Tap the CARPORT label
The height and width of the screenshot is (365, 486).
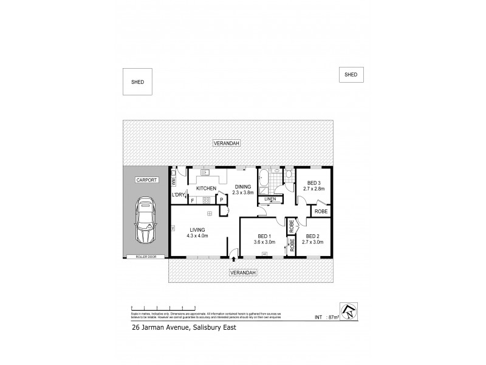tap(146, 180)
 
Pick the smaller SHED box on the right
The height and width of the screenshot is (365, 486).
tap(351, 74)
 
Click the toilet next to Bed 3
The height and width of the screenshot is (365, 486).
tap(289, 175)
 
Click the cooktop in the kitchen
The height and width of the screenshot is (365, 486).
tap(207, 200)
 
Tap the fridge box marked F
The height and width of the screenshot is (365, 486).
tap(193, 200)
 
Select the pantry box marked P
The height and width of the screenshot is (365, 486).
tap(221, 200)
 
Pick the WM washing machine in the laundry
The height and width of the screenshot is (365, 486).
tap(173, 181)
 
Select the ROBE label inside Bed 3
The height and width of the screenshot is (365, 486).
tap(321, 211)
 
